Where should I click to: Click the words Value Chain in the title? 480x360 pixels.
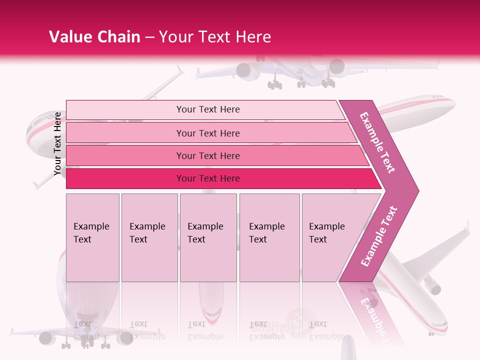pos(94,37)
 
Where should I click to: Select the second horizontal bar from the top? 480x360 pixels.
pos(207,133)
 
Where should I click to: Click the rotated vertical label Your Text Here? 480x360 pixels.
pos(57,144)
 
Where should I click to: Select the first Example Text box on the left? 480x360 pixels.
pos(92,237)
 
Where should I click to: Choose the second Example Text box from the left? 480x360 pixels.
pos(149,237)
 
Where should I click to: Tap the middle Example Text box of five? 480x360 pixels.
pos(208,237)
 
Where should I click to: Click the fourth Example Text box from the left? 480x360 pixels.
pos(269,237)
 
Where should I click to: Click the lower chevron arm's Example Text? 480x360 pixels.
pos(379,236)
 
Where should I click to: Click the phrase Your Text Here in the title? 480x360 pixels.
pos(215,37)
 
